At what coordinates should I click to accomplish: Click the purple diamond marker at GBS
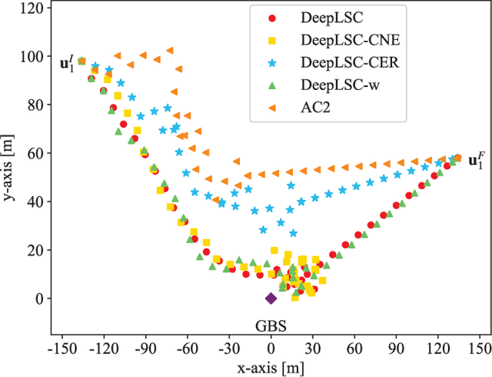coord(271,299)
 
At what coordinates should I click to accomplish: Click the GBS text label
coord(271,325)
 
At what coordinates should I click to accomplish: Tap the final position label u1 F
coord(477,162)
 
